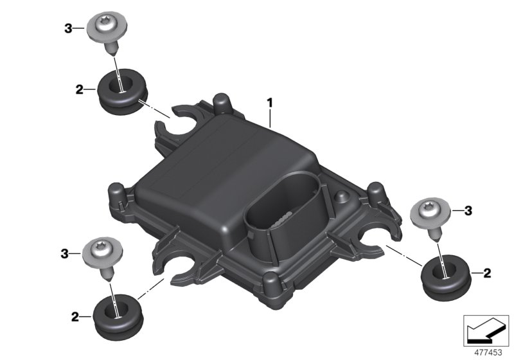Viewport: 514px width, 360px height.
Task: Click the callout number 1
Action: point(269,103)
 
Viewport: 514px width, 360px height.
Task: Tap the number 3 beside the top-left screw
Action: point(68,28)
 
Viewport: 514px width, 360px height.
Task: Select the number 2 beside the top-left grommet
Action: point(79,89)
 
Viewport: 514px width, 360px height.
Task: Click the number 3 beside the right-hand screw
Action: point(468,210)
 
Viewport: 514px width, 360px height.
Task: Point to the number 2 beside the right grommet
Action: point(487,273)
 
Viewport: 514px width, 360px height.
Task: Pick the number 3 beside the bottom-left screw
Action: point(65,253)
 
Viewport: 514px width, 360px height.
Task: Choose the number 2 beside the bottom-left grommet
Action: point(75,317)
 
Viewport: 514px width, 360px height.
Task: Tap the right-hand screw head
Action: point(430,212)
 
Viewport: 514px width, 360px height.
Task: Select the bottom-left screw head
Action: point(103,253)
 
